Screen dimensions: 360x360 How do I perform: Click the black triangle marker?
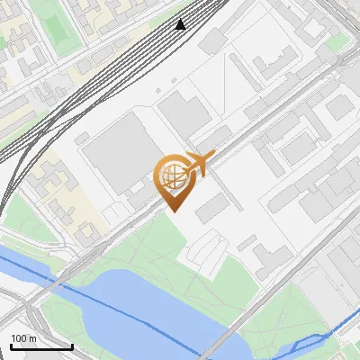pos(181,24)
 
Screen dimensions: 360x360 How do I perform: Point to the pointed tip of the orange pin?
pos(172,210)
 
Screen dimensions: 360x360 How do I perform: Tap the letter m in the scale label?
pos(33,338)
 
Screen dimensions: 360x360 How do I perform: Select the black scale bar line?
pos(41,346)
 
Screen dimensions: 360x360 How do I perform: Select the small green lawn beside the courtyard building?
pos(337,43)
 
